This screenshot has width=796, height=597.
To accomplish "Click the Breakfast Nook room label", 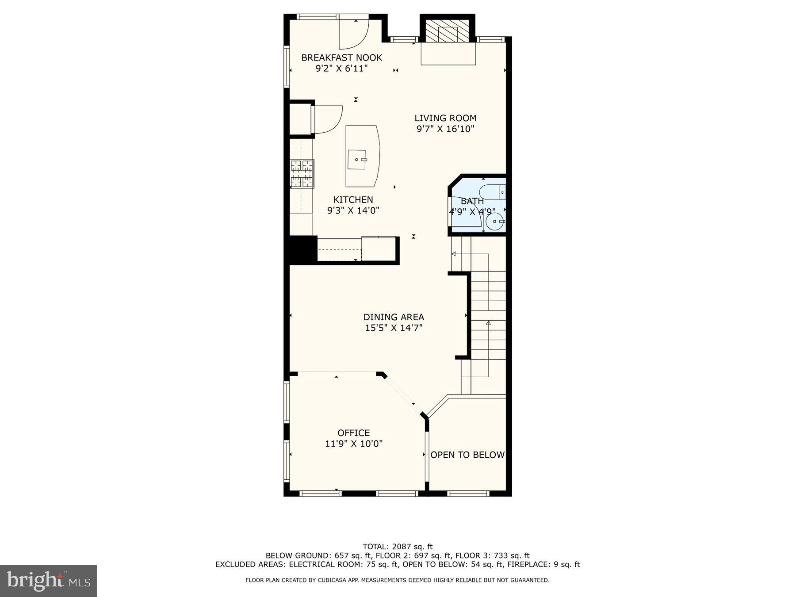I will point(341,57).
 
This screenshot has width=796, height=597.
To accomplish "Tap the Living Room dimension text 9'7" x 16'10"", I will point(445,129).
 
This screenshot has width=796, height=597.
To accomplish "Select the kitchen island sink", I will point(357,160).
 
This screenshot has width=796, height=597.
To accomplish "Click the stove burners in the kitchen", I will point(302,173).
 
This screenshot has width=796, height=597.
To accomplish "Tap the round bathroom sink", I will point(495,221).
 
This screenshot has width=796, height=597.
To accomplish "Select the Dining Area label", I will point(394,317).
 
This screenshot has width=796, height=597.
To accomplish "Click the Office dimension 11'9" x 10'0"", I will point(354,444).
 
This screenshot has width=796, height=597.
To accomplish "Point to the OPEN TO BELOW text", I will point(467,455).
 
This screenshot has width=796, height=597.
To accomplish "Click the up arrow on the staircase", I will point(488,323).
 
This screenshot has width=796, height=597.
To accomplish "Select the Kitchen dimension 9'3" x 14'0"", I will point(353,210).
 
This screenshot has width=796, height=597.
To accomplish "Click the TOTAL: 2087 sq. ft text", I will point(398,547).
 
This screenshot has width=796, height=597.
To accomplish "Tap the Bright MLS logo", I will point(48,581).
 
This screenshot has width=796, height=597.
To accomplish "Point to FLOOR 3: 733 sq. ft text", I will point(492,555).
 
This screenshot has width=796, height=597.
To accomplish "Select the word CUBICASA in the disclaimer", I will point(333,580).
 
